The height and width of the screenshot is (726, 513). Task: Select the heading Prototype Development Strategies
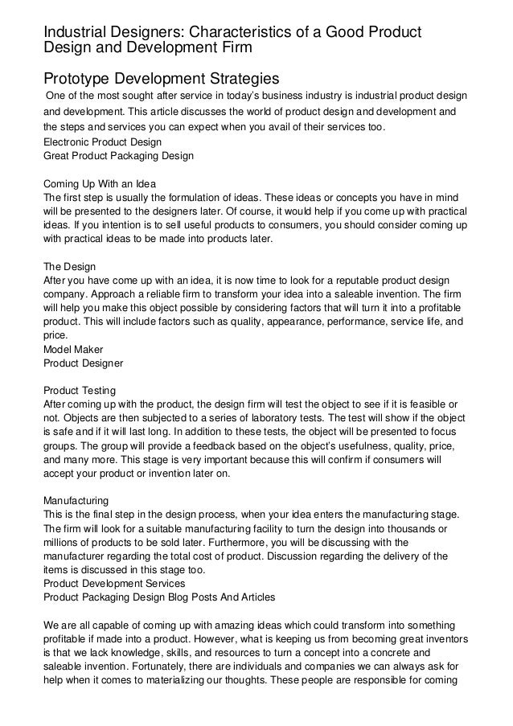(161, 79)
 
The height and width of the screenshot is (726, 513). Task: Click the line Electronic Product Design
(102, 142)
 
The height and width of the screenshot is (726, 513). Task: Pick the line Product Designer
(82, 364)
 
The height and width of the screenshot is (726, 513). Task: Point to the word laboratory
(271, 420)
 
